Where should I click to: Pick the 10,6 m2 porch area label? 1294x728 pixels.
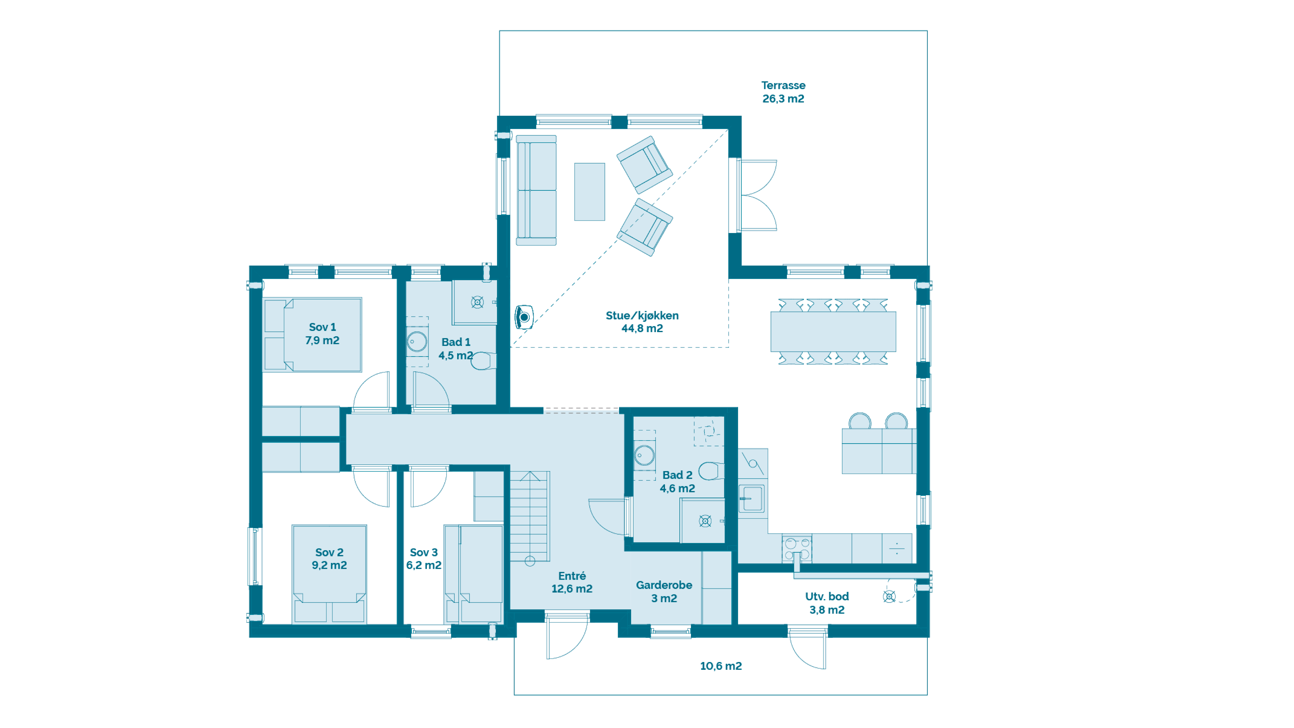[x=721, y=666]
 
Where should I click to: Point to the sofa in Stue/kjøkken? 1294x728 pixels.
[x=536, y=190]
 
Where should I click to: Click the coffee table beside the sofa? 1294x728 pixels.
[x=589, y=191]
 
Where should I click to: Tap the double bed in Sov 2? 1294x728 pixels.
[x=329, y=574]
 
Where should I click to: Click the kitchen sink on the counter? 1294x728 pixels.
[x=751, y=498]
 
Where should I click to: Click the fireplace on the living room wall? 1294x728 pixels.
[x=524, y=317]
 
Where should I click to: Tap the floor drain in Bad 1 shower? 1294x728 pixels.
[x=477, y=302]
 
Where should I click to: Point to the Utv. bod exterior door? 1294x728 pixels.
[x=807, y=648]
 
